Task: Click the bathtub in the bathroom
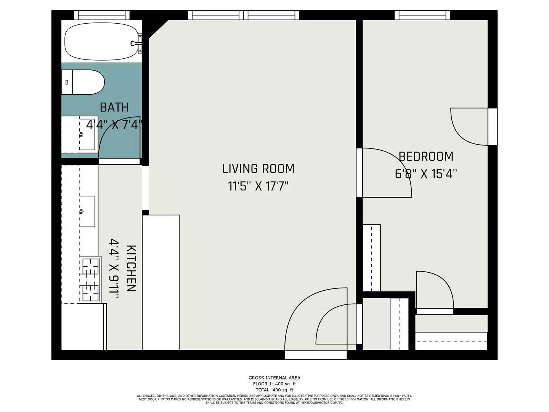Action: coord(101,42)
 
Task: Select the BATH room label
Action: coord(114,108)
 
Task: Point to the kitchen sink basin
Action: coord(87,211)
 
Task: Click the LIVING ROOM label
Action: coord(258,169)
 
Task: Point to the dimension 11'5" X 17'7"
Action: coord(258,187)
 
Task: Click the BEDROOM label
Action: coord(426,156)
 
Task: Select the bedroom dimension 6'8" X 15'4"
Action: coord(426,174)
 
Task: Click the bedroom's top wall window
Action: coord(422,15)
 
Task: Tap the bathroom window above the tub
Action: coord(102,15)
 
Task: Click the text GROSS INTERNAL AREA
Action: coord(274,378)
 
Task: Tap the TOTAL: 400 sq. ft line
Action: coord(274,390)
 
